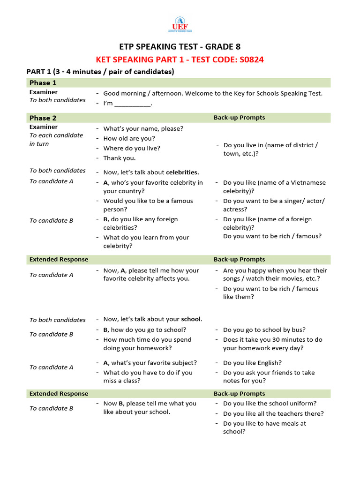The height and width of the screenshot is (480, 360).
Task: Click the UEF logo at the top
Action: click(x=180, y=24)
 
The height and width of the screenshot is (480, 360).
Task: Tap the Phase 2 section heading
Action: click(x=43, y=118)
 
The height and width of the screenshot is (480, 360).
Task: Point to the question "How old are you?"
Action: click(x=129, y=138)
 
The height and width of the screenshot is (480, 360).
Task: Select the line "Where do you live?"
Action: click(x=132, y=148)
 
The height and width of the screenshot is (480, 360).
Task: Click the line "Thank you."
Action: click(x=119, y=158)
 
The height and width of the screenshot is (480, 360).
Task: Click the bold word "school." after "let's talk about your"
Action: click(x=192, y=319)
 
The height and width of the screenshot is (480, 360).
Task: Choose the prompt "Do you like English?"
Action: click(x=252, y=363)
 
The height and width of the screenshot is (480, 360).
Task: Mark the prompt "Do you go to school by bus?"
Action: click(x=264, y=330)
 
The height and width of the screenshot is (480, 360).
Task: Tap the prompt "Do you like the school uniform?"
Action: click(x=270, y=403)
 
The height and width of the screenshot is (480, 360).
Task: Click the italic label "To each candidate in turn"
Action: click(x=56, y=139)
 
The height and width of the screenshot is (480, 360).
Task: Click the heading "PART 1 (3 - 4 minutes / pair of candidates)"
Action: click(x=100, y=72)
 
